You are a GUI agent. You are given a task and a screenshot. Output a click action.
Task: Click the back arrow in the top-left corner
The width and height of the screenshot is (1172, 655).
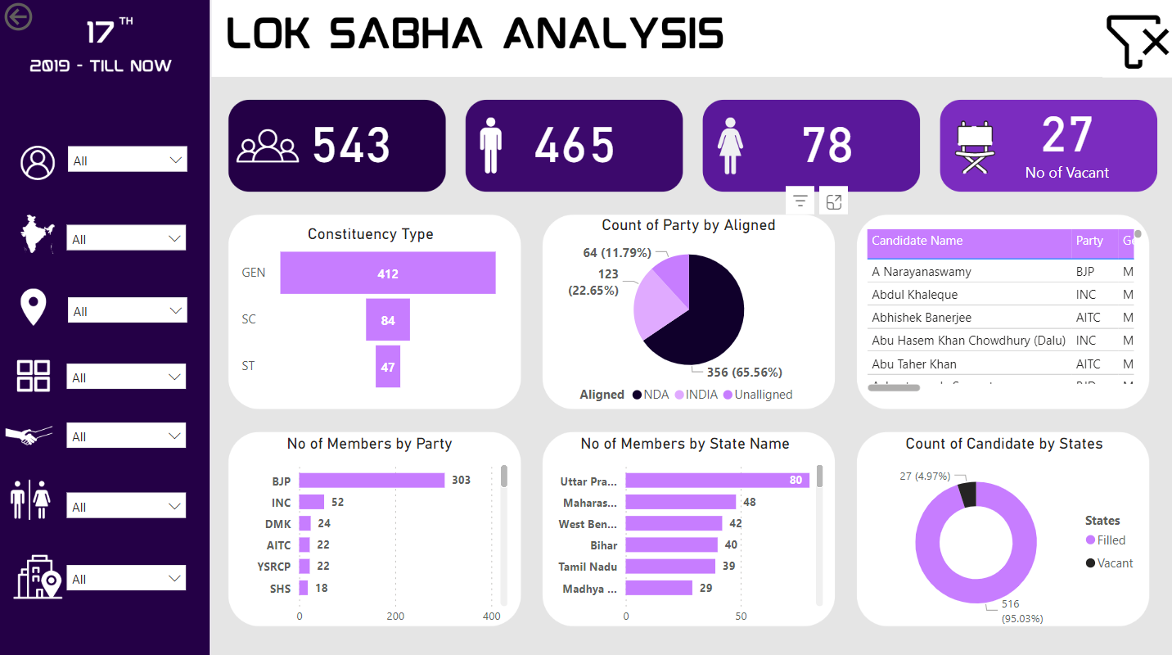(18, 16)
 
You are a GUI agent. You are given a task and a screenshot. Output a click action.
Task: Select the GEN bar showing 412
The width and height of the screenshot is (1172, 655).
(387, 273)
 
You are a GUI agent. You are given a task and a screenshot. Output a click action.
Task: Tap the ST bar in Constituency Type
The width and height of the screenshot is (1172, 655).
(387, 367)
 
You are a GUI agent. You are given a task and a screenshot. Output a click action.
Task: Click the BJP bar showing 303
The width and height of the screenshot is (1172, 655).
(372, 481)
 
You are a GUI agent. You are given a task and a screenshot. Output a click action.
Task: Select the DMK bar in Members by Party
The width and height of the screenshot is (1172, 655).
(304, 523)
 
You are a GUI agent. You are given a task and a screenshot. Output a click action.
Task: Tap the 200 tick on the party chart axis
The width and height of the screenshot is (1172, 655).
(395, 616)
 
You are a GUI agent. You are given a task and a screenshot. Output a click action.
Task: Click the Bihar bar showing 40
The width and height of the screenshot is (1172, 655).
(671, 545)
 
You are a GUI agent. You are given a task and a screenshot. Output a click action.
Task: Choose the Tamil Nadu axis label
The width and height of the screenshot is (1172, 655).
(588, 567)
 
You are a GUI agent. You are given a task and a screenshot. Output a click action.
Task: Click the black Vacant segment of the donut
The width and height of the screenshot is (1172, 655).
(967, 495)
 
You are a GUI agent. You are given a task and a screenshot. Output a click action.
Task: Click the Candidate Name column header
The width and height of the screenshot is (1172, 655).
(917, 241)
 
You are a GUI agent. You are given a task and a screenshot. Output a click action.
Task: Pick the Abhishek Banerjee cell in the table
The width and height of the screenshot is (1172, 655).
(922, 318)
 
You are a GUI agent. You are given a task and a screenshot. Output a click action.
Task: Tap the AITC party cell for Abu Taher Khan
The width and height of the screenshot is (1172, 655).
(1088, 364)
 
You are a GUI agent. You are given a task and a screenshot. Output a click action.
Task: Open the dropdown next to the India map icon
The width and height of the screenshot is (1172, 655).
(127, 239)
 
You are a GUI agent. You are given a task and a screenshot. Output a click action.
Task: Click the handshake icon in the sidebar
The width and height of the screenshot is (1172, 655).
(29, 436)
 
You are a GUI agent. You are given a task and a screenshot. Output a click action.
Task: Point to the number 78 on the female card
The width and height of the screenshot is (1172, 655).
(827, 146)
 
